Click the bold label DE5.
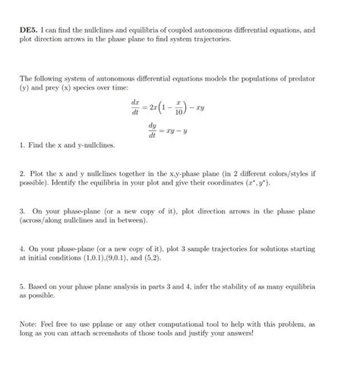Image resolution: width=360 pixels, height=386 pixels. coord(31,29)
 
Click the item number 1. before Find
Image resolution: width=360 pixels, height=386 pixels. coord(24,144)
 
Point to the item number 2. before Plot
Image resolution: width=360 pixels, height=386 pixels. coord(24,174)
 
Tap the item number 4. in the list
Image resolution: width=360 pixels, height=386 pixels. coord(24,248)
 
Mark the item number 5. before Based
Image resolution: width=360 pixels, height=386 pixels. coord(24,286)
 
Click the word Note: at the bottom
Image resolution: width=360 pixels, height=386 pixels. coord(31,323)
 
